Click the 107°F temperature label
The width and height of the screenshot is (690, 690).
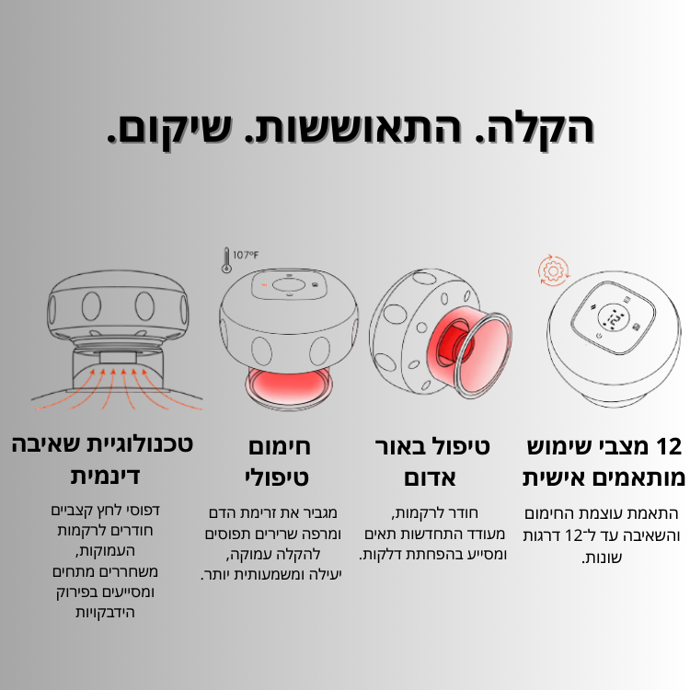[246, 255]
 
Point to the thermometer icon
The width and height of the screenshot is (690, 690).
[226, 260]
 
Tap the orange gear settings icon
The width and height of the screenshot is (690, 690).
[553, 270]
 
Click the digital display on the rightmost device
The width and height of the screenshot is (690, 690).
[615, 317]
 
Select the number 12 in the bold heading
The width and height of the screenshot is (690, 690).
[669, 446]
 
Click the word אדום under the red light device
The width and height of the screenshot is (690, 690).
[430, 478]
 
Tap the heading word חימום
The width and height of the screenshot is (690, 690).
[280, 446]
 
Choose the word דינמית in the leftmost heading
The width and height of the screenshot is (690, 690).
[105, 477]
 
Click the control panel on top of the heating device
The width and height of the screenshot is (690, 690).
[289, 285]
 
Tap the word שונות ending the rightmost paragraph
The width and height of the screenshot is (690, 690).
[601, 558]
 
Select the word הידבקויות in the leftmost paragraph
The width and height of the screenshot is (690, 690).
[105, 612]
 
